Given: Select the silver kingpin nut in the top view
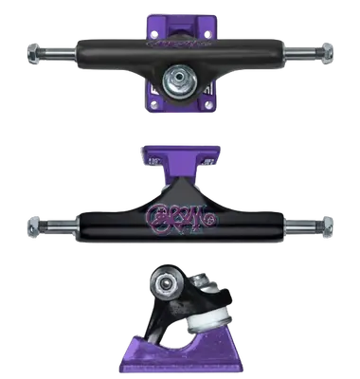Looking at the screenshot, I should pyautogui.click(x=177, y=75).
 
